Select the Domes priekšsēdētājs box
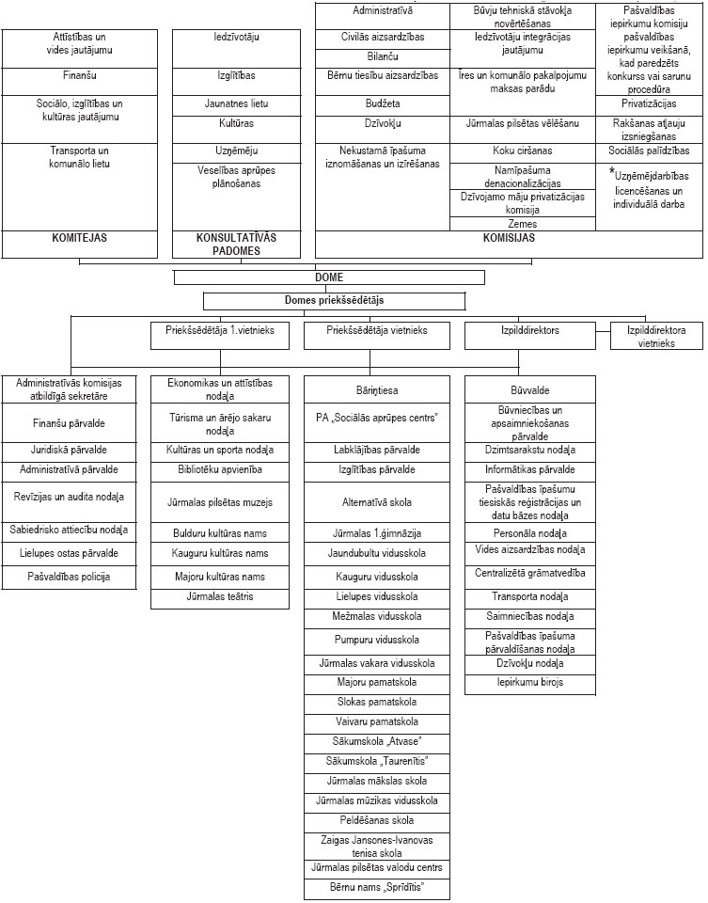(x=334, y=301)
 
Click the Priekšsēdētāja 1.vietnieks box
(x=220, y=331)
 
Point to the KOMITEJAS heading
(x=79, y=238)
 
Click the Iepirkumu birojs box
(x=529, y=682)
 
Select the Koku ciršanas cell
(x=523, y=150)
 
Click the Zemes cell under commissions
(x=523, y=225)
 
